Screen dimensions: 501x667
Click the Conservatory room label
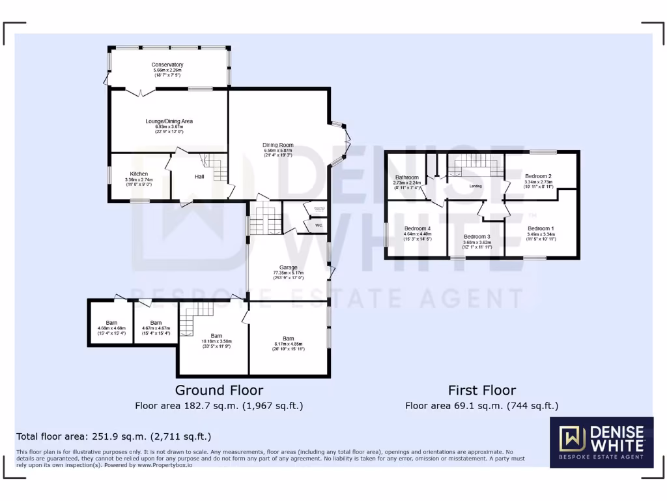pyautogui.click(x=167, y=65)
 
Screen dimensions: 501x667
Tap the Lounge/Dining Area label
pyautogui.click(x=169, y=121)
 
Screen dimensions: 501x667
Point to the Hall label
pyautogui.click(x=200, y=176)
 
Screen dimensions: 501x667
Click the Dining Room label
pyautogui.click(x=278, y=145)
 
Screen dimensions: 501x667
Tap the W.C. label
pyautogui.click(x=319, y=226)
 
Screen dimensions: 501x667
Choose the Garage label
pyautogui.click(x=289, y=267)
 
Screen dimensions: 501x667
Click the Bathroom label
pyautogui.click(x=407, y=177)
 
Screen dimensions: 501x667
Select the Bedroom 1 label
pyautogui.click(x=540, y=228)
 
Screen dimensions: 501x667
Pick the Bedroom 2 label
pyautogui.click(x=539, y=176)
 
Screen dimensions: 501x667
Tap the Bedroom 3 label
pyautogui.click(x=476, y=236)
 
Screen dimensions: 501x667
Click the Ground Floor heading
pyautogui.click(x=219, y=390)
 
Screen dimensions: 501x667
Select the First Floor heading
pyautogui.click(x=481, y=390)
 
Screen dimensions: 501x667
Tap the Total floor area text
pyautogui.click(x=113, y=436)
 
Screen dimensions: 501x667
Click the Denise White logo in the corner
pyautogui.click(x=601, y=443)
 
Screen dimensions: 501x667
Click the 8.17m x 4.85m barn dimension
pyautogui.click(x=288, y=344)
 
